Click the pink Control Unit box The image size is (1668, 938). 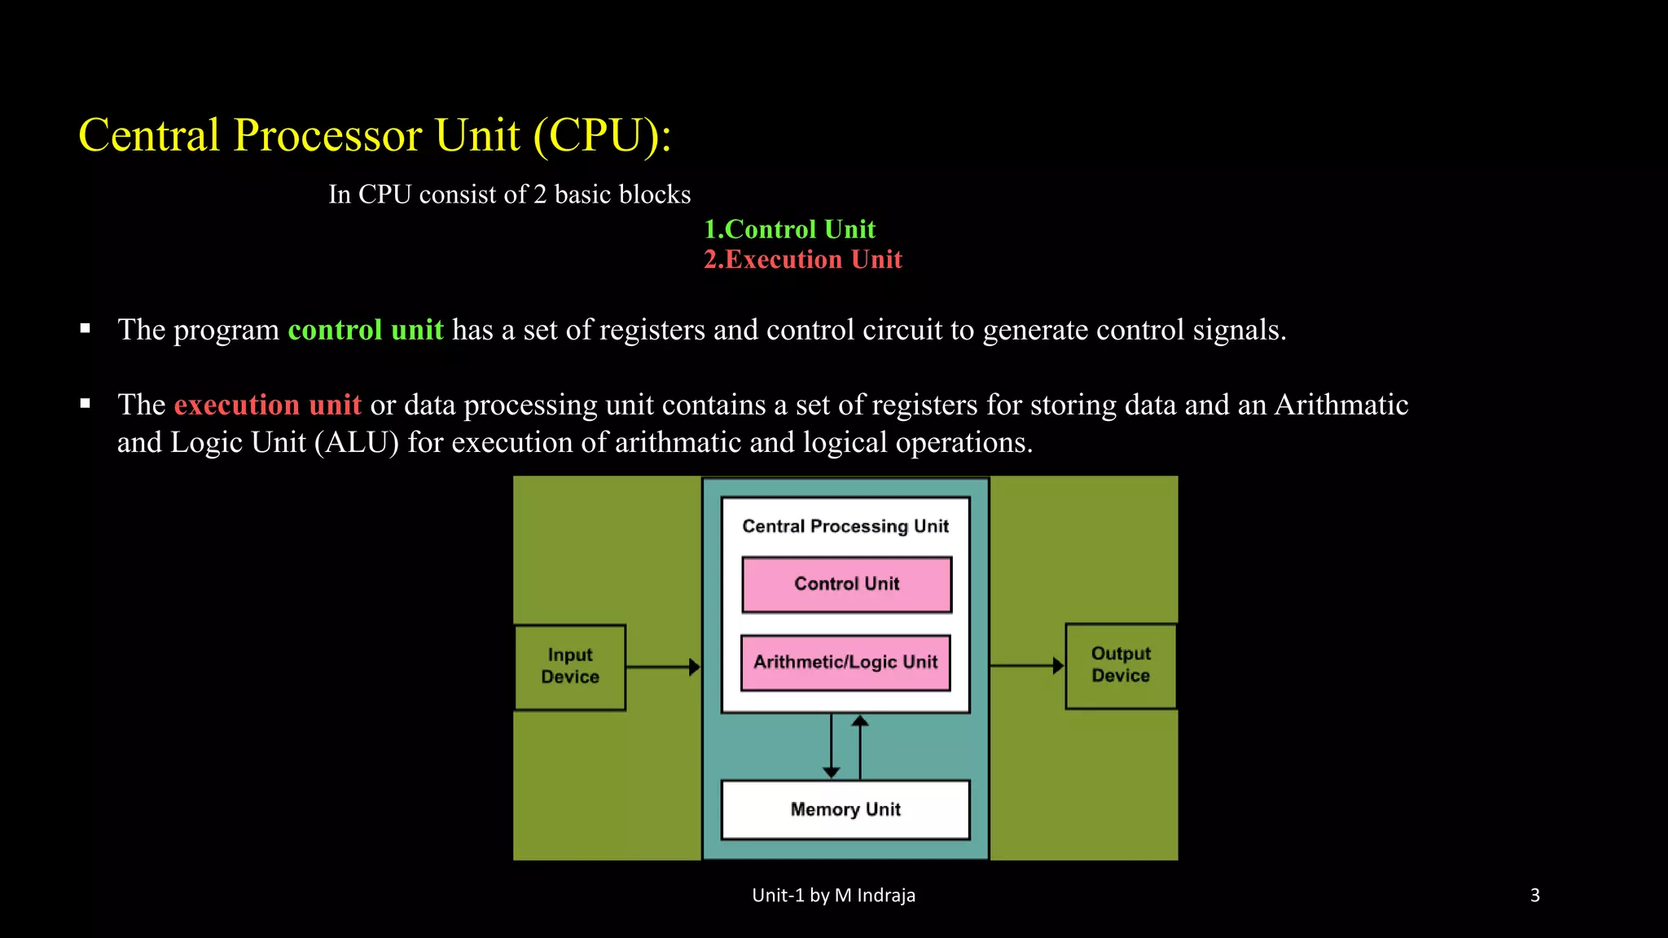(x=846, y=584)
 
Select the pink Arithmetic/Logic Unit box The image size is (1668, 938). (x=845, y=662)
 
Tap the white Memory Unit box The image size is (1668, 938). (x=845, y=809)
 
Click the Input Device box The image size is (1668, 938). (x=570, y=667)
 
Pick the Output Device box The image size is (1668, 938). (x=1121, y=665)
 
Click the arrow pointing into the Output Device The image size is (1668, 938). (x=1026, y=665)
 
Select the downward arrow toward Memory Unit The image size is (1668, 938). (x=831, y=746)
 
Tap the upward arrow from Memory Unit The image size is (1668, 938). (x=860, y=746)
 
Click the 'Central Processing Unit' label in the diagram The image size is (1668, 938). (x=845, y=526)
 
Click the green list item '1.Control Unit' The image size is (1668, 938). (x=789, y=230)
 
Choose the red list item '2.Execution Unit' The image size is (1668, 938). (x=802, y=260)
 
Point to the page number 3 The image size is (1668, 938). (x=1534, y=896)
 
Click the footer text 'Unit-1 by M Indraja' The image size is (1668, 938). (x=833, y=896)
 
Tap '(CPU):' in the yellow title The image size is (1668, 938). (x=602, y=135)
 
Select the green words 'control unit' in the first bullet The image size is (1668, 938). (x=366, y=330)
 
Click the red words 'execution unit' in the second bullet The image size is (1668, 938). (x=267, y=405)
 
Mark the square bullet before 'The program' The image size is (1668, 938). (x=86, y=329)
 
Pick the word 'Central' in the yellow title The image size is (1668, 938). (x=149, y=135)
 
